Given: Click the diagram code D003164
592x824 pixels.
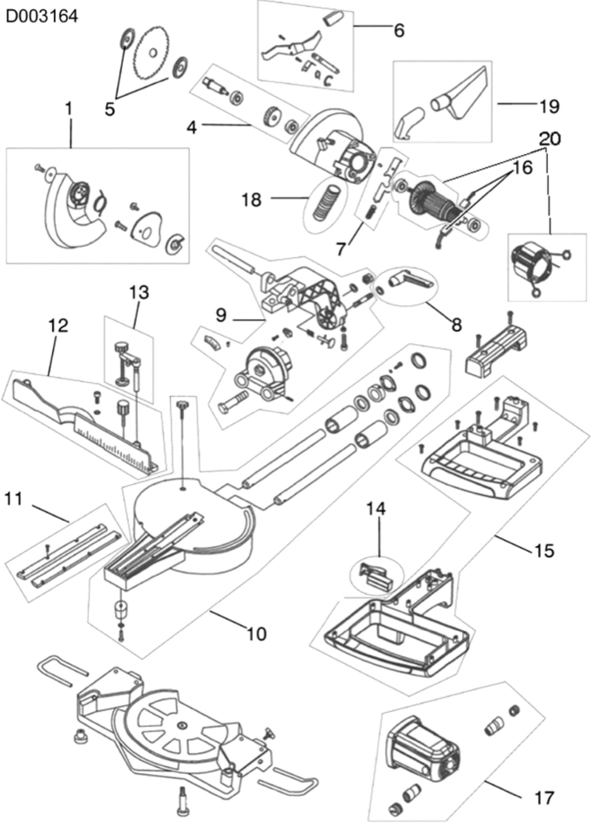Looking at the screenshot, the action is [42, 16].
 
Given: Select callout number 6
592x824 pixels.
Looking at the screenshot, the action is [399, 30].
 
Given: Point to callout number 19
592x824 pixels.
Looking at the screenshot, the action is [549, 106].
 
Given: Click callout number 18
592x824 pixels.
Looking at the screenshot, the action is [251, 200].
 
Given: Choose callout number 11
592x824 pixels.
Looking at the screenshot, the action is [13, 499].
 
